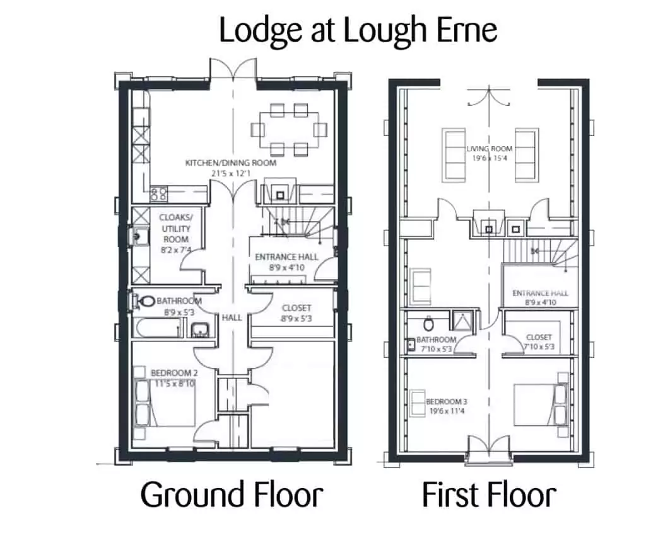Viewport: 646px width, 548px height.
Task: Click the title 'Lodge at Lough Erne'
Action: [x=358, y=31]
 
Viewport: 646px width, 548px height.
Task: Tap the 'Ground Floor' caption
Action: [x=232, y=494]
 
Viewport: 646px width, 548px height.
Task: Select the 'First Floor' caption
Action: [x=489, y=494]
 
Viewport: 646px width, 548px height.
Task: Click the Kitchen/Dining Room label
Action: [x=231, y=168]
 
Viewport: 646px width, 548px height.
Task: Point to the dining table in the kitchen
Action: [x=289, y=130]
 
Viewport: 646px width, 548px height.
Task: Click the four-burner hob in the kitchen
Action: [x=158, y=194]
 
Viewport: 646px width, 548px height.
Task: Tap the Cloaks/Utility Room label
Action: [x=176, y=233]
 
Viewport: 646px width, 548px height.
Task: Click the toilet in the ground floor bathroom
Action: [x=143, y=301]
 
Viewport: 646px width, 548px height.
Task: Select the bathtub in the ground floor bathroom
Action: [x=158, y=328]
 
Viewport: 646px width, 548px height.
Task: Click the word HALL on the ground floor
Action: [x=232, y=317]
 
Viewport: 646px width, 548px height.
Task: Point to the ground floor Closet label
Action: [x=297, y=313]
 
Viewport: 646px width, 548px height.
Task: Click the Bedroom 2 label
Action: [x=174, y=378]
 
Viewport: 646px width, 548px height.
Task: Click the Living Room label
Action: [x=490, y=153]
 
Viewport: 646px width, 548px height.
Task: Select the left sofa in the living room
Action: [x=454, y=155]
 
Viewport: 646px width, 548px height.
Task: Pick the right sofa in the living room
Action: [x=527, y=155]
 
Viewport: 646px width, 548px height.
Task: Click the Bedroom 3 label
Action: [x=447, y=406]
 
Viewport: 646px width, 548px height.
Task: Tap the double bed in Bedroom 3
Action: [x=541, y=405]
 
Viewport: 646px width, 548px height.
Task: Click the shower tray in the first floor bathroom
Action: [x=463, y=321]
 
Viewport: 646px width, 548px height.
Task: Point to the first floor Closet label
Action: [x=539, y=342]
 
